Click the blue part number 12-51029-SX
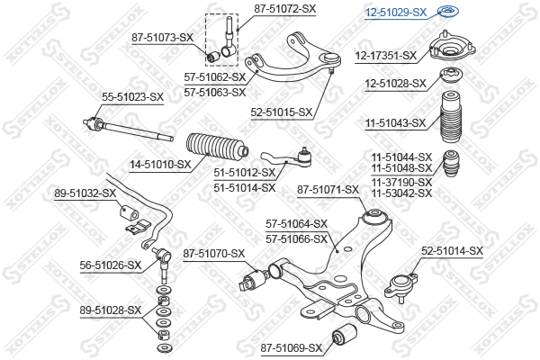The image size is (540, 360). pyautogui.click(x=396, y=13)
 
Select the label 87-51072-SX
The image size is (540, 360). pyautogui.click(x=285, y=9)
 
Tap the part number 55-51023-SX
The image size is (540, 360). pyautogui.click(x=132, y=97)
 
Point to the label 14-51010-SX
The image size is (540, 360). pyautogui.click(x=160, y=165)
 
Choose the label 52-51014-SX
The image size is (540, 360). pyautogui.click(x=453, y=251)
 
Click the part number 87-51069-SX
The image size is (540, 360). pyautogui.click(x=292, y=348)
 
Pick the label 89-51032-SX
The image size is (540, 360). pyautogui.click(x=85, y=193)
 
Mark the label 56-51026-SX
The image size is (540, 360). pyautogui.click(x=111, y=265)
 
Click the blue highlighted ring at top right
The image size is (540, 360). pyautogui.click(x=448, y=12)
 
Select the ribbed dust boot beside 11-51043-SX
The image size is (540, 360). pyautogui.click(x=450, y=116)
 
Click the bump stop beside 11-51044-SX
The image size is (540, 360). pyautogui.click(x=451, y=163)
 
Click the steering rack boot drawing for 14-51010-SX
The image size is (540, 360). pyautogui.click(x=217, y=148)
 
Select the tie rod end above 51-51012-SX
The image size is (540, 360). pyautogui.click(x=286, y=158)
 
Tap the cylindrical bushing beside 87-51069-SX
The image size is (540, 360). pyautogui.click(x=344, y=334)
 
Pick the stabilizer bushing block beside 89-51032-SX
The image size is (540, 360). pyautogui.click(x=129, y=212)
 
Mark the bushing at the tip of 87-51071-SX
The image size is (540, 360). pyautogui.click(x=375, y=217)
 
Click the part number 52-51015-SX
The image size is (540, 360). pyautogui.click(x=282, y=112)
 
